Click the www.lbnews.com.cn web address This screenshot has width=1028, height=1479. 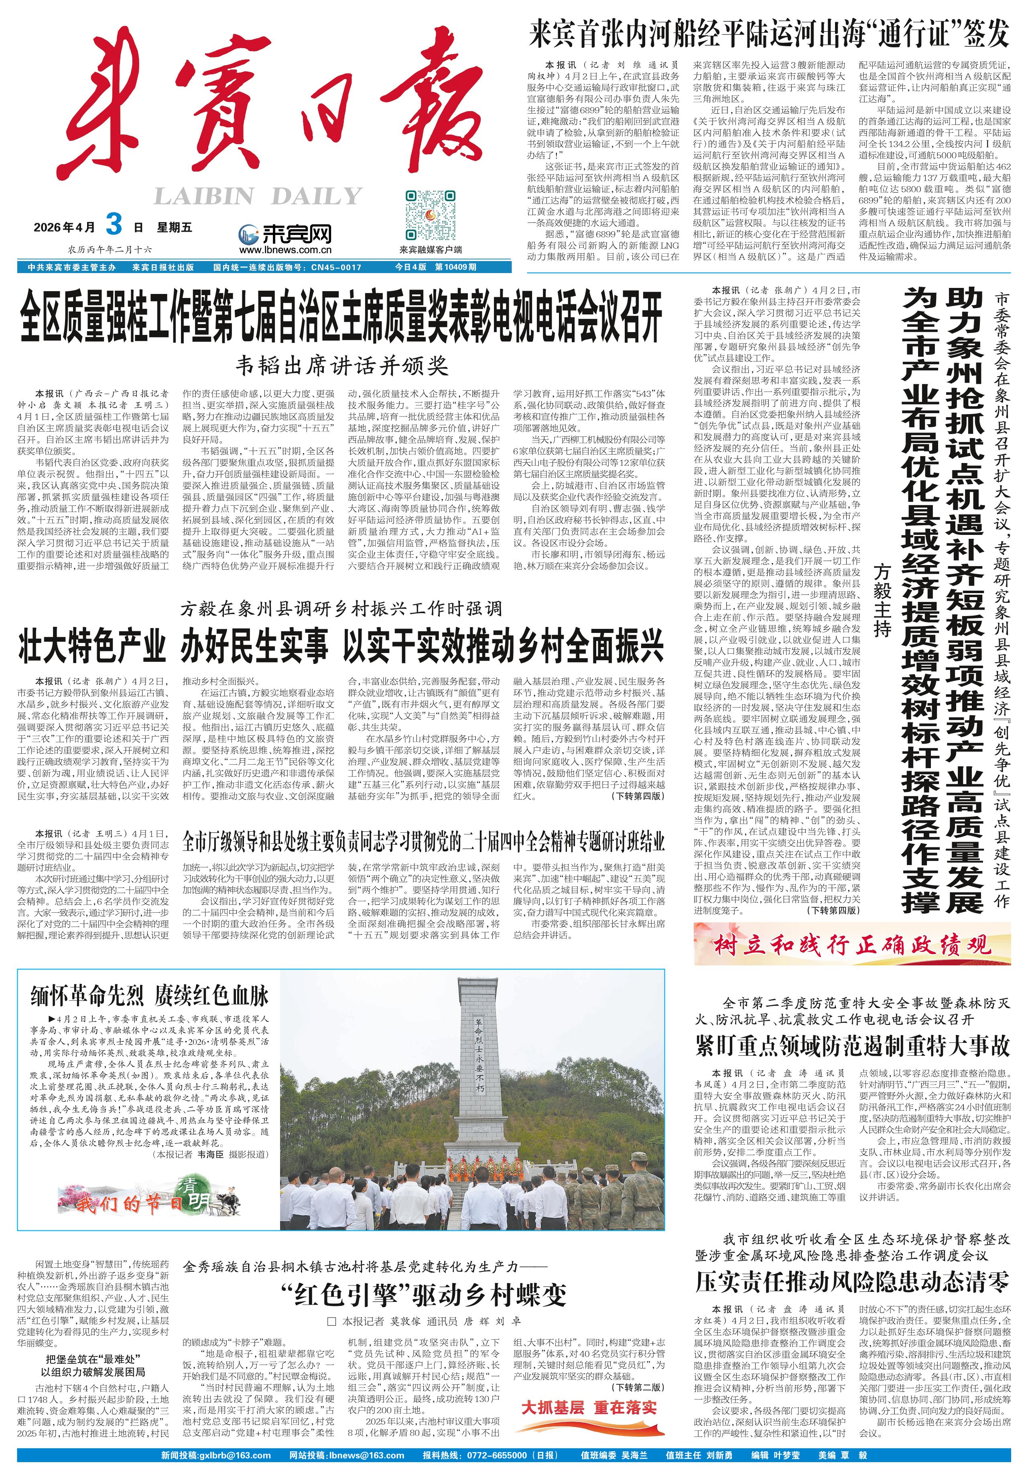[x=285, y=250]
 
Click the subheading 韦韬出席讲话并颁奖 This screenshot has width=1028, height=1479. [x=341, y=365]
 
